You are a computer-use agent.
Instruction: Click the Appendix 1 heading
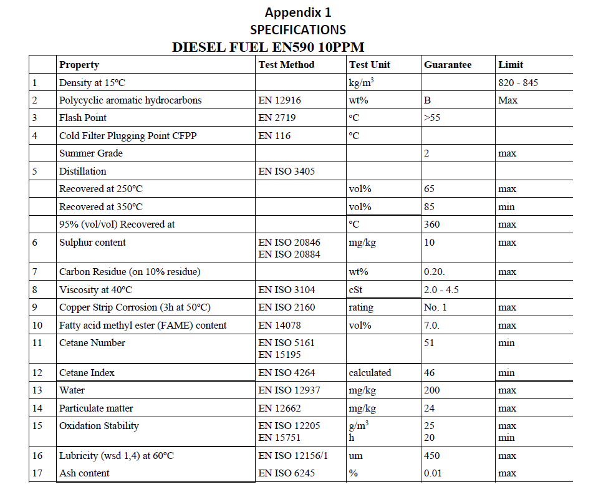(x=298, y=12)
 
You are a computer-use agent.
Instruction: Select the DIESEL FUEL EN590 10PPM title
(x=268, y=47)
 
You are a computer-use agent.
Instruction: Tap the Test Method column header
(x=286, y=65)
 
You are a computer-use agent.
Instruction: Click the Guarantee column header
(x=448, y=65)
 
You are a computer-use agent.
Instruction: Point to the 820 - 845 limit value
(x=518, y=83)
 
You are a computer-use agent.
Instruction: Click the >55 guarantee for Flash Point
(x=431, y=118)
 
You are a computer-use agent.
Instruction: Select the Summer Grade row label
(x=91, y=153)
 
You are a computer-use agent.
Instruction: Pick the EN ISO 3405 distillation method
(x=287, y=171)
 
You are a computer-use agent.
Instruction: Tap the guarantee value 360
(x=431, y=224)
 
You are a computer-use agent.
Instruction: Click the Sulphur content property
(x=92, y=243)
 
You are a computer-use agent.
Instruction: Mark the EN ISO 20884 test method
(x=289, y=254)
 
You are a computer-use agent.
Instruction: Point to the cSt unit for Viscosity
(x=355, y=290)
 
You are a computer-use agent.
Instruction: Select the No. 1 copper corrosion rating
(x=435, y=307)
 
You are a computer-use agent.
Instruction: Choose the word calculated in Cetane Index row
(x=370, y=373)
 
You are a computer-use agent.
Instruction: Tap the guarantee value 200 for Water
(x=431, y=390)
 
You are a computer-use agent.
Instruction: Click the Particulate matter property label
(x=96, y=408)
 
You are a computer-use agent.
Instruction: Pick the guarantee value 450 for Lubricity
(x=431, y=456)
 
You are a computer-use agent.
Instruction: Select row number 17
(x=37, y=473)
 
